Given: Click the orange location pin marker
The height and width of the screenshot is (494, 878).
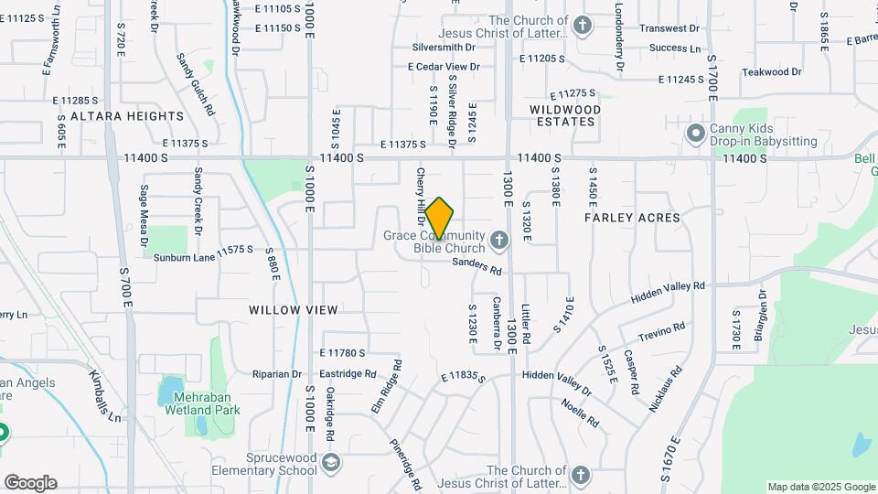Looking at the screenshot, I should [440, 218].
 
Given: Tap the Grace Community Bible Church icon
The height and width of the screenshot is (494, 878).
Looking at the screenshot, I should [498, 241].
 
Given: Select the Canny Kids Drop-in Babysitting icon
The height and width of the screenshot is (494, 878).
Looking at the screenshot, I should [696, 134].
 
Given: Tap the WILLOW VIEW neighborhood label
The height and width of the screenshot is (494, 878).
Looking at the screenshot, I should [294, 310].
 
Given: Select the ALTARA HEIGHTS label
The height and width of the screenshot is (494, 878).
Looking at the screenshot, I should [127, 116].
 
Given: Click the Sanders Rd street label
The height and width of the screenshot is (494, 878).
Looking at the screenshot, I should [477, 266].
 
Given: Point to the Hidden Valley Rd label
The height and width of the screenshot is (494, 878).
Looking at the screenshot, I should [669, 294].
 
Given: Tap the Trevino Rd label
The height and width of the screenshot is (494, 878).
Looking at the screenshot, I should [661, 331].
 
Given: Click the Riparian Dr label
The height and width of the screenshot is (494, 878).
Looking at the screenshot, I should [277, 374].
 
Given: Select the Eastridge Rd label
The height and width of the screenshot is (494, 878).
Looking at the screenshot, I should [348, 374].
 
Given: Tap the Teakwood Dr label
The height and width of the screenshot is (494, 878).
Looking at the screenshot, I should [771, 71].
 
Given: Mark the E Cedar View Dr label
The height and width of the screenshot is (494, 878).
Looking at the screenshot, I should [444, 66].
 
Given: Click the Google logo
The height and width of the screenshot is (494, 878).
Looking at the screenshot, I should [30, 482].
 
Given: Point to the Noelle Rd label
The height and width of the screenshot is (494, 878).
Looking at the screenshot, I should [580, 414].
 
